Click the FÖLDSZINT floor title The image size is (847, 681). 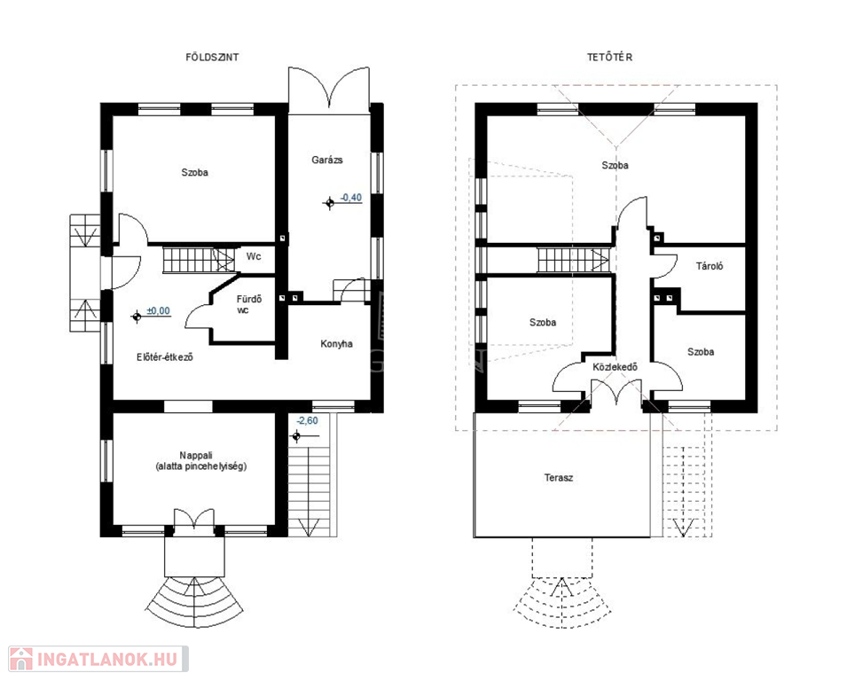tap(212, 58)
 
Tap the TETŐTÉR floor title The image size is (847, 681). tap(609, 58)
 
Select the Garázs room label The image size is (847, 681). tap(326, 160)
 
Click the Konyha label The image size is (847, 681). tap(336, 344)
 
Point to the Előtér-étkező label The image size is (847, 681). tap(165, 357)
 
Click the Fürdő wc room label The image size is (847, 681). tap(249, 304)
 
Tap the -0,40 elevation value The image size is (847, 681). tap(351, 198)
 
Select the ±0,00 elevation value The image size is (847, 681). tap(158, 311)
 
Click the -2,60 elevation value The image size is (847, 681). tap(307, 420)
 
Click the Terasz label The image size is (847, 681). tap(559, 478)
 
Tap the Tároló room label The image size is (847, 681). tap(710, 266)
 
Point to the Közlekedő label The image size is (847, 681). tap(616, 368)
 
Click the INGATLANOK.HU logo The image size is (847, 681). tap(98, 659)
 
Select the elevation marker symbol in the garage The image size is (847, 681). tap(330, 204)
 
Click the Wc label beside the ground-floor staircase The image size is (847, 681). tap(254, 256)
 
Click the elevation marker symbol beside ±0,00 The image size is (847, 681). tap(137, 317)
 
